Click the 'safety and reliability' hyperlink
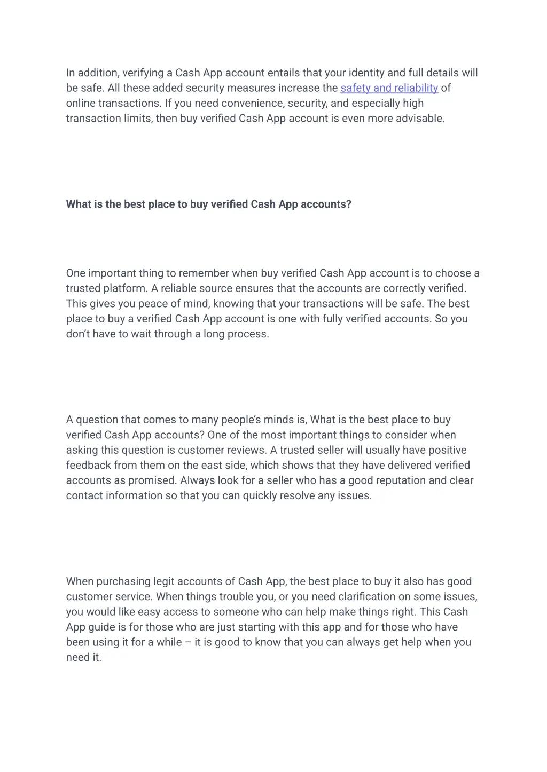[x=389, y=88]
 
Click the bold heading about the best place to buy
[x=208, y=204]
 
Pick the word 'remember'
[x=204, y=273]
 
